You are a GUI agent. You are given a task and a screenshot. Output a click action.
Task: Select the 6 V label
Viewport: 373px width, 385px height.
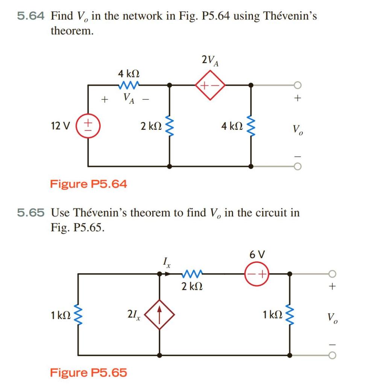pyautogui.click(x=257, y=255)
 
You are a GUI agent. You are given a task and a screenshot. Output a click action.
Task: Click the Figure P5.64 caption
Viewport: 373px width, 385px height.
pyautogui.click(x=88, y=184)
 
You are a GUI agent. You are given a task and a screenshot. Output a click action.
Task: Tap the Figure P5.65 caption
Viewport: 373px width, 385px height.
pyautogui.click(x=88, y=373)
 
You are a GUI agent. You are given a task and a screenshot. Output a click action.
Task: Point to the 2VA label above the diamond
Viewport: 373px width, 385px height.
pyautogui.click(x=209, y=60)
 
